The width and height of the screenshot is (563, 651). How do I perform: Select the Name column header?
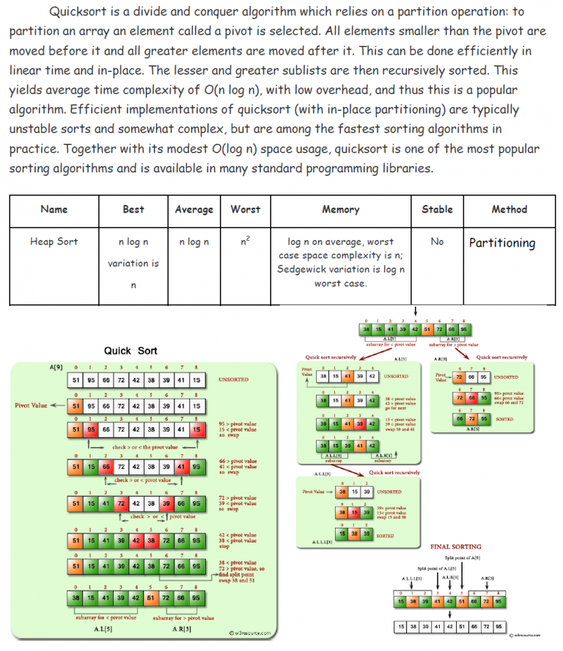[x=54, y=209]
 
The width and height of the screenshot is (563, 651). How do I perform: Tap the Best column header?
[x=133, y=209]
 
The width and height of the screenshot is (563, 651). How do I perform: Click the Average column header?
[x=194, y=209]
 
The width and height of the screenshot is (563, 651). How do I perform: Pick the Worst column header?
[x=245, y=209]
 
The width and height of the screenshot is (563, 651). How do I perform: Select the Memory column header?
[x=340, y=209]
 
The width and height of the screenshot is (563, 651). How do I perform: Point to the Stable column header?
[x=437, y=209]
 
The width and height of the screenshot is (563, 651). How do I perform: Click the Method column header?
[x=509, y=209]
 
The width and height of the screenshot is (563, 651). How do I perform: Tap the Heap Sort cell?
[x=54, y=241]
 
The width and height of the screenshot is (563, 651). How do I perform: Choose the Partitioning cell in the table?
[x=502, y=243]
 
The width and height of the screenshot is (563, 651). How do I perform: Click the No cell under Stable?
[x=437, y=241]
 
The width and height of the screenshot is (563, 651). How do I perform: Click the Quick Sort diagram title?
[x=130, y=351]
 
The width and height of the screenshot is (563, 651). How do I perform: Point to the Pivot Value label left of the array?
[x=31, y=405]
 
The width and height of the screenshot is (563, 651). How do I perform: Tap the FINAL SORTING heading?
[x=455, y=547]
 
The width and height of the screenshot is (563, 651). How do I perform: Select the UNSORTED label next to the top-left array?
[x=232, y=380]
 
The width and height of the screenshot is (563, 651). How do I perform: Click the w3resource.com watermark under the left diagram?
[x=250, y=633]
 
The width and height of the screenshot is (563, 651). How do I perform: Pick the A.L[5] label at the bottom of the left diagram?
[x=103, y=629]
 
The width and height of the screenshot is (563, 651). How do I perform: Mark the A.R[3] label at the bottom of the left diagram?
[x=183, y=629]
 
